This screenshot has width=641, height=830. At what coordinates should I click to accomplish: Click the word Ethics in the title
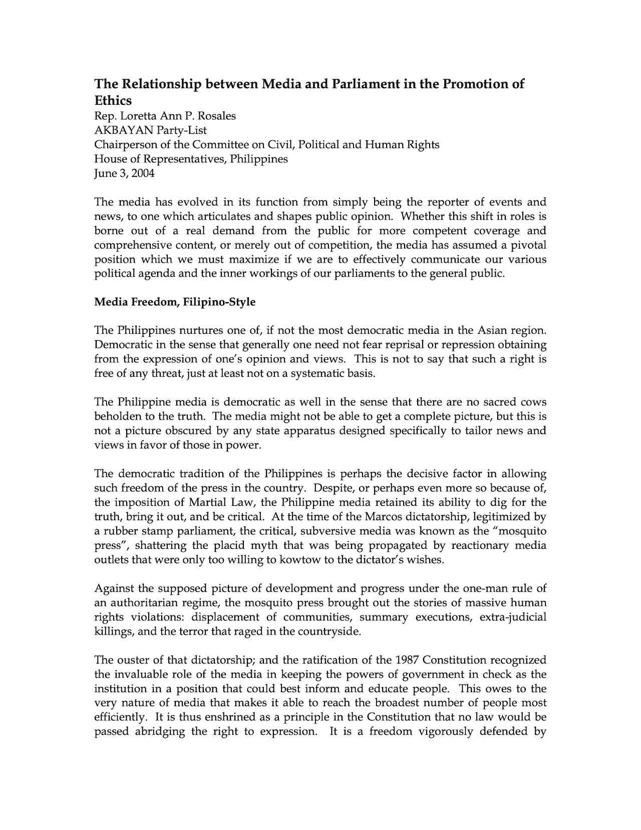(113, 100)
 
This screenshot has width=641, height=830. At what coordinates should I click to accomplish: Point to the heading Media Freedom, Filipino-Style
(175, 302)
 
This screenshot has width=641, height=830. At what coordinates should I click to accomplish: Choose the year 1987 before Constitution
(407, 660)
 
